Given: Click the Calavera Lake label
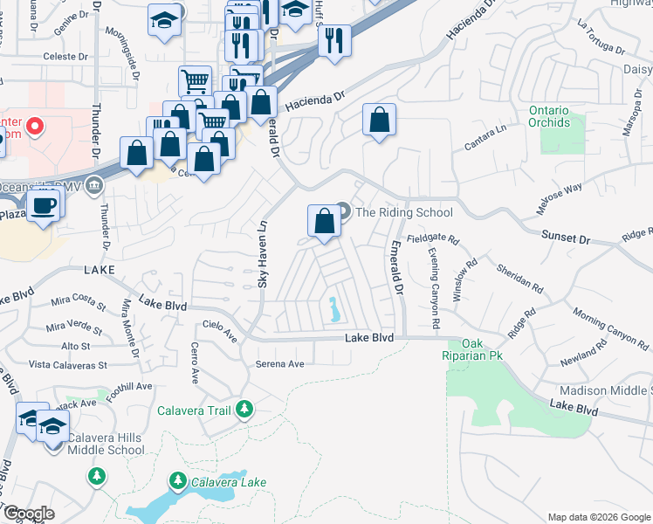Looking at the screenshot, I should point(230,482).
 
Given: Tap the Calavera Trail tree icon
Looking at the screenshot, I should point(245,409).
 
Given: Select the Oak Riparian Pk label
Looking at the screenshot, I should point(472,350).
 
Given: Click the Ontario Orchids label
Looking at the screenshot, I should point(549,116).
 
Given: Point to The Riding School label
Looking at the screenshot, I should point(404,212).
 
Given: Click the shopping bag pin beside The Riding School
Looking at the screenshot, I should point(324,223).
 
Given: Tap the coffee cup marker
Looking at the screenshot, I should point(43,207).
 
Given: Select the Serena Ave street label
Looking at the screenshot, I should point(279,364).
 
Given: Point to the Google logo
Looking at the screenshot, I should point(28,514).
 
